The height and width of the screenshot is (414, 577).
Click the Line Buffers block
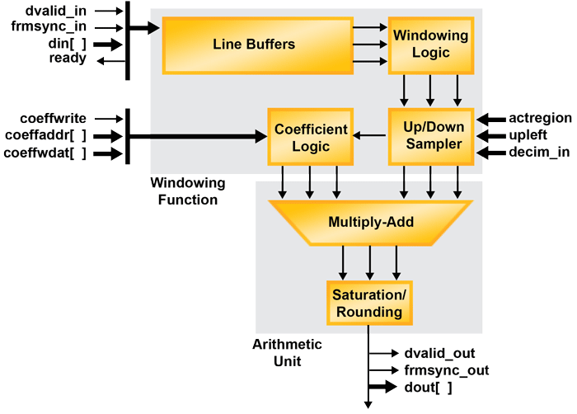coord(253,45)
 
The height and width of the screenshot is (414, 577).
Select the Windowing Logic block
coord(430,45)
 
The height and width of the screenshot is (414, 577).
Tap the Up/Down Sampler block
coord(430,136)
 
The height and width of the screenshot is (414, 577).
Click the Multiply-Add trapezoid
coord(370,223)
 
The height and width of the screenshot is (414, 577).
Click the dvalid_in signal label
coord(55,12)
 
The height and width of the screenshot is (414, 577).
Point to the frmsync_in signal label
coord(50,27)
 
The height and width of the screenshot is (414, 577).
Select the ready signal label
coord(67,58)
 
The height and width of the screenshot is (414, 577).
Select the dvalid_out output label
coord(439,354)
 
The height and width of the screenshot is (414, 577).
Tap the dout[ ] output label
coord(428,387)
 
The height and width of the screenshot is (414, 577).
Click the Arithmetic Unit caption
coord(286,353)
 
